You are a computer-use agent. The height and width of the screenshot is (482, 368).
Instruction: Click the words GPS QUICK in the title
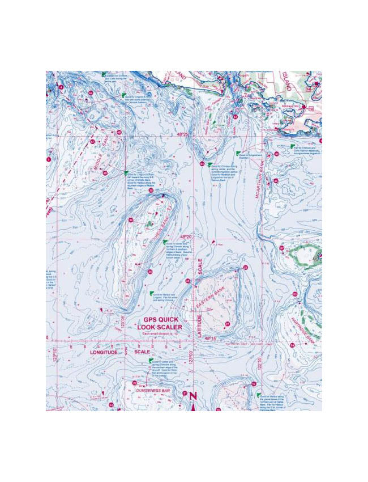157,319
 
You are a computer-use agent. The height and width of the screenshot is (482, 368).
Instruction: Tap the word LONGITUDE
104,352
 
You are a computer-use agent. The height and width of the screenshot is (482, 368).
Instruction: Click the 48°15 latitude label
211,338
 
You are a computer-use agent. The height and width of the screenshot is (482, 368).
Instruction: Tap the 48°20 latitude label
187,236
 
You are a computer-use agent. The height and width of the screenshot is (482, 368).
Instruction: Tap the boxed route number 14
309,90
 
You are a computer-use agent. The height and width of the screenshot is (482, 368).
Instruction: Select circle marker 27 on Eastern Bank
227,324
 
